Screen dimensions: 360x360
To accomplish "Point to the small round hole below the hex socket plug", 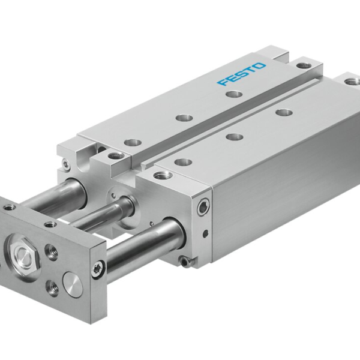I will [x=206, y=232].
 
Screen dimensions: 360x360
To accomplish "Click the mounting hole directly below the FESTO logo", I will [x=229, y=94].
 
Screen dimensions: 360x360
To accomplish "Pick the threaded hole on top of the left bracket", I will [x=113, y=157].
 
